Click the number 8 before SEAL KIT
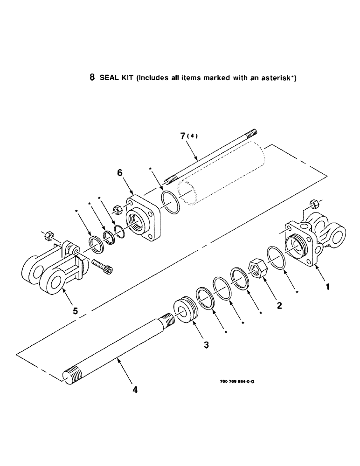[92, 78]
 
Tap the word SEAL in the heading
[108, 78]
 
